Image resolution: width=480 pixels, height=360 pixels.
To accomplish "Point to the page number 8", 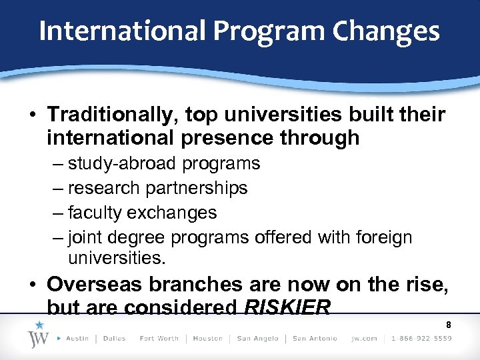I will click(x=449, y=325).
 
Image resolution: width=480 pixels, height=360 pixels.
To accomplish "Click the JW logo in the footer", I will click(x=39, y=336).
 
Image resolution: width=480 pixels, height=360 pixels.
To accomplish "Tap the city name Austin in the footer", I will click(x=77, y=339).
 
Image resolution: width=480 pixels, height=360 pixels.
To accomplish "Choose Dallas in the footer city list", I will click(x=115, y=339).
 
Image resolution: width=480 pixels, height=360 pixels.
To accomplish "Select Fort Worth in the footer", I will click(x=159, y=339).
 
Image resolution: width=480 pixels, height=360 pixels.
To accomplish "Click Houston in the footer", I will click(x=208, y=339).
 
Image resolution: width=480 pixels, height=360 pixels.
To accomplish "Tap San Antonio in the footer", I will click(x=315, y=339).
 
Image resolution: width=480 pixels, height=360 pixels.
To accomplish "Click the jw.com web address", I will click(x=365, y=339).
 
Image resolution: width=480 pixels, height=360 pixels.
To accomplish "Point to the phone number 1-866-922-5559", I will click(x=422, y=339).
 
